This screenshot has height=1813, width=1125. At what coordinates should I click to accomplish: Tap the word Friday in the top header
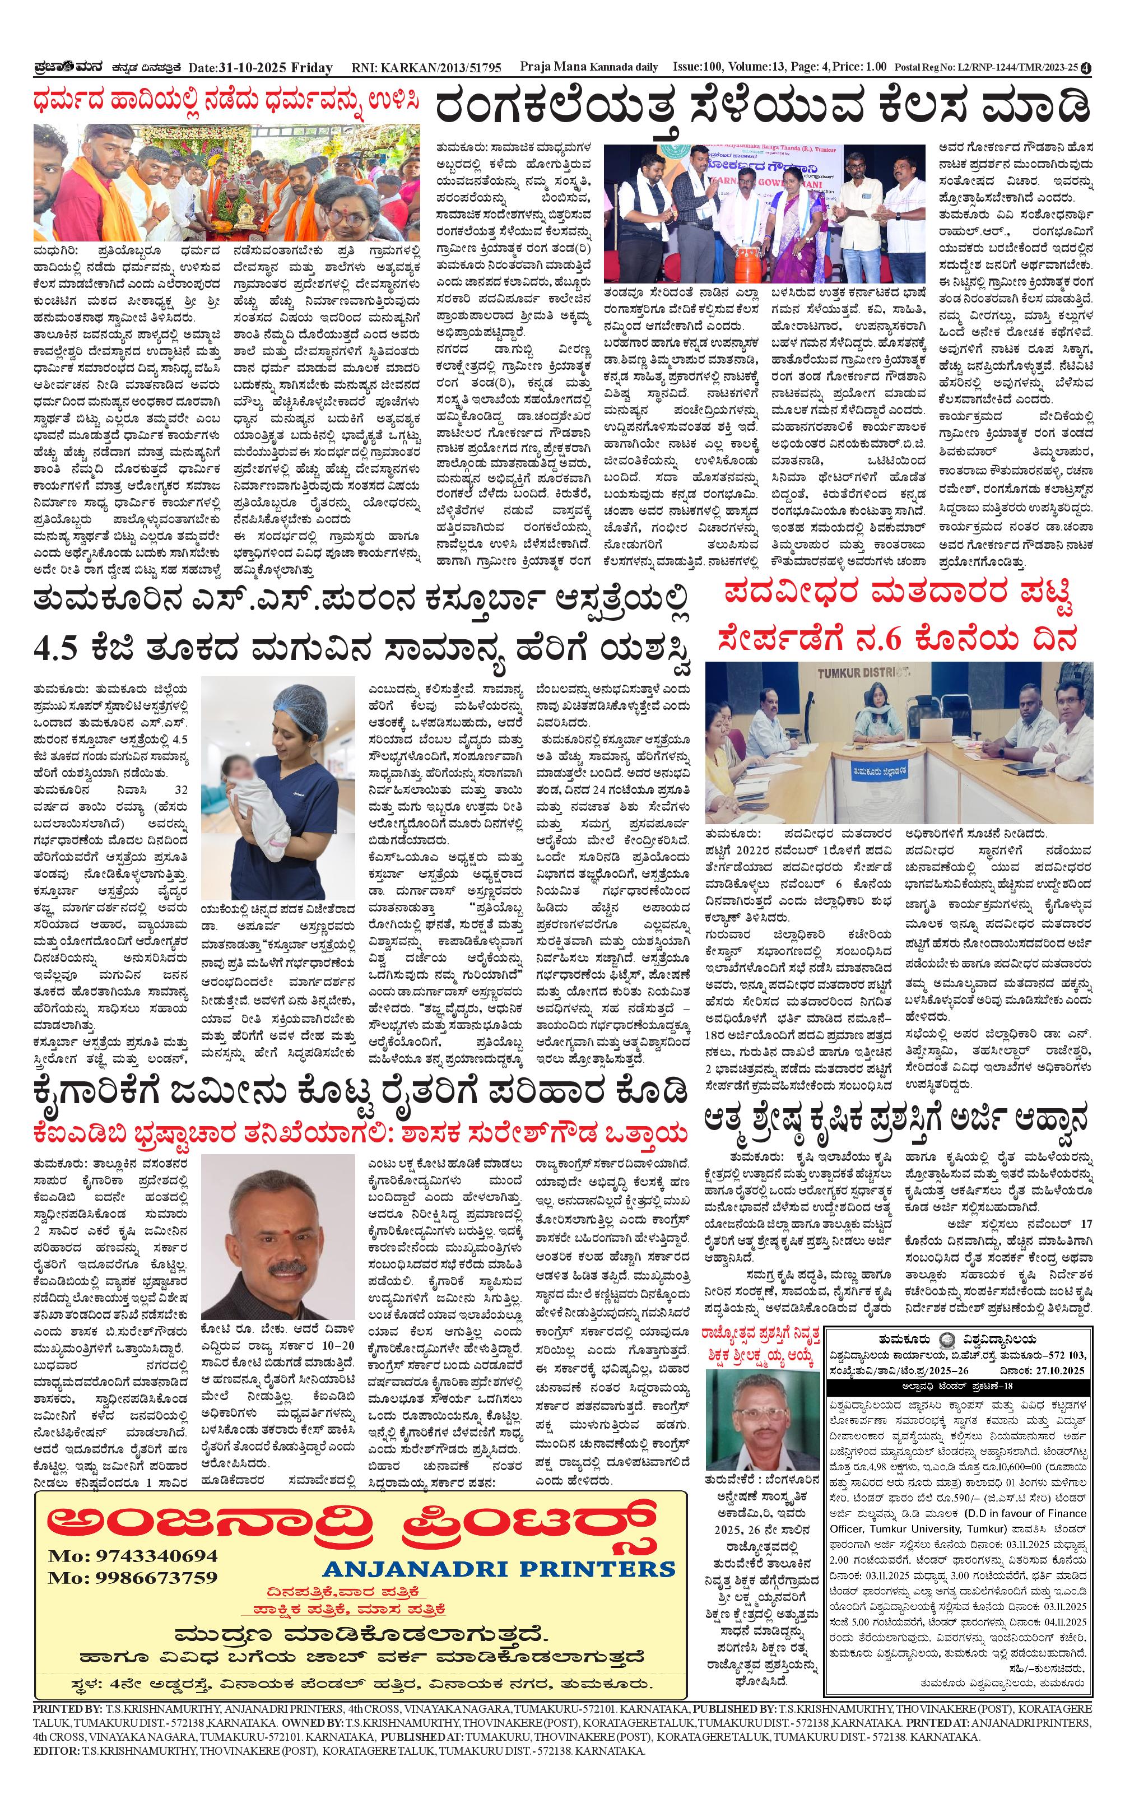312,68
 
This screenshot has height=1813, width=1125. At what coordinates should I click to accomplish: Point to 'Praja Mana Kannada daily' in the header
588,67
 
